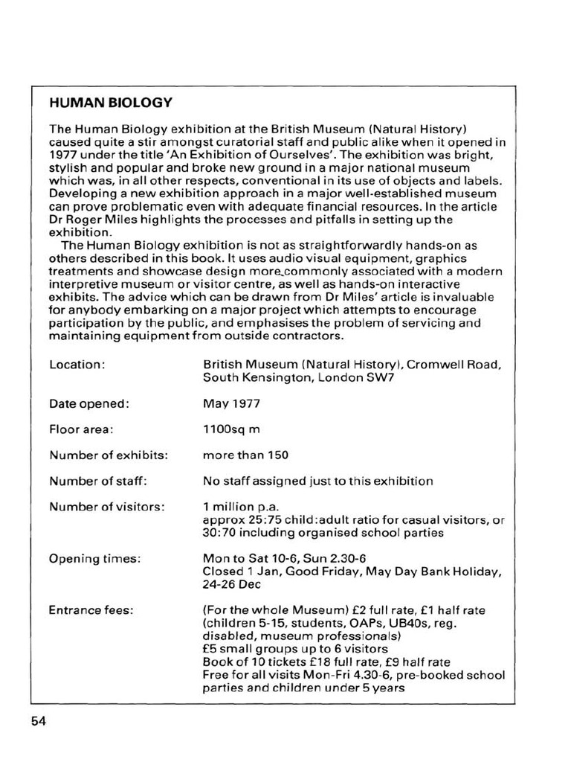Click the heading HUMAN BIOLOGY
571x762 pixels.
pyautogui.click(x=110, y=103)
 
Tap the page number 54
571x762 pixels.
pyautogui.click(x=39, y=721)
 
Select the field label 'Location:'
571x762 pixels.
pyautogui.click(x=77, y=365)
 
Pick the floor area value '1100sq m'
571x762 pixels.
pyautogui.click(x=232, y=429)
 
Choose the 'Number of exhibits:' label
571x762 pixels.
pyautogui.click(x=109, y=455)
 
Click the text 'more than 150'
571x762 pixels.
pyautogui.click(x=245, y=455)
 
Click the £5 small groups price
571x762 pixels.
pyautogui.click(x=210, y=649)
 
